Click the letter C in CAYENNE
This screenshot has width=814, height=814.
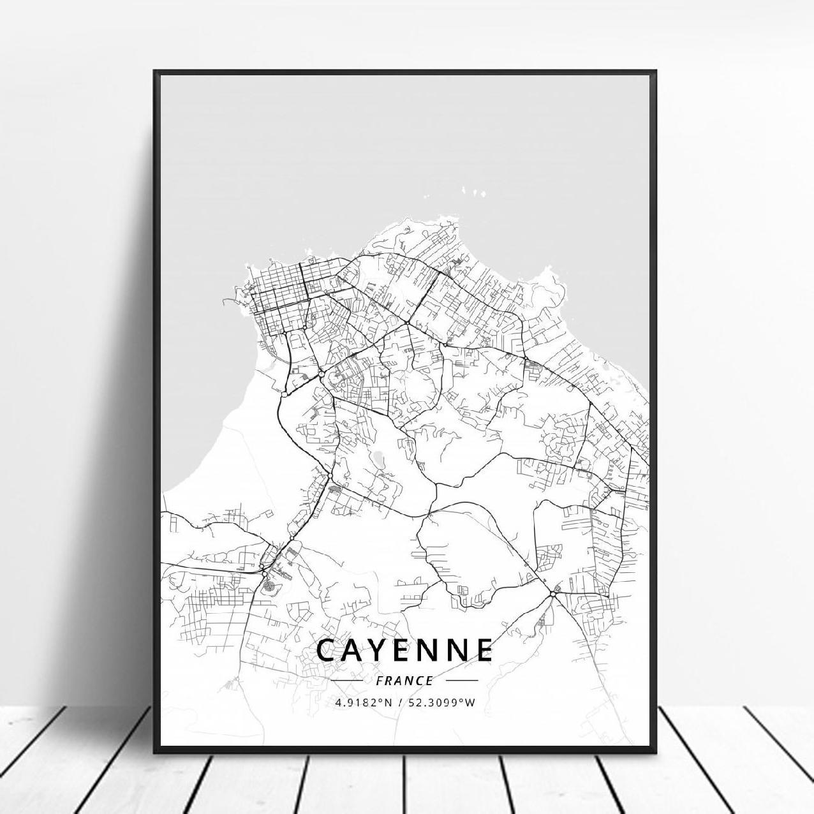tap(330, 650)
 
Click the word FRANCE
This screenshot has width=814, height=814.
tap(405, 681)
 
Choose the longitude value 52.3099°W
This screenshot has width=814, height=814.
tap(445, 703)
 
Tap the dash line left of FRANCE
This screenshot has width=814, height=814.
tap(348, 681)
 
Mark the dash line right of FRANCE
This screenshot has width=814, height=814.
tap(462, 681)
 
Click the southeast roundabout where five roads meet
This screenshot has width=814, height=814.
tap(552, 593)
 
